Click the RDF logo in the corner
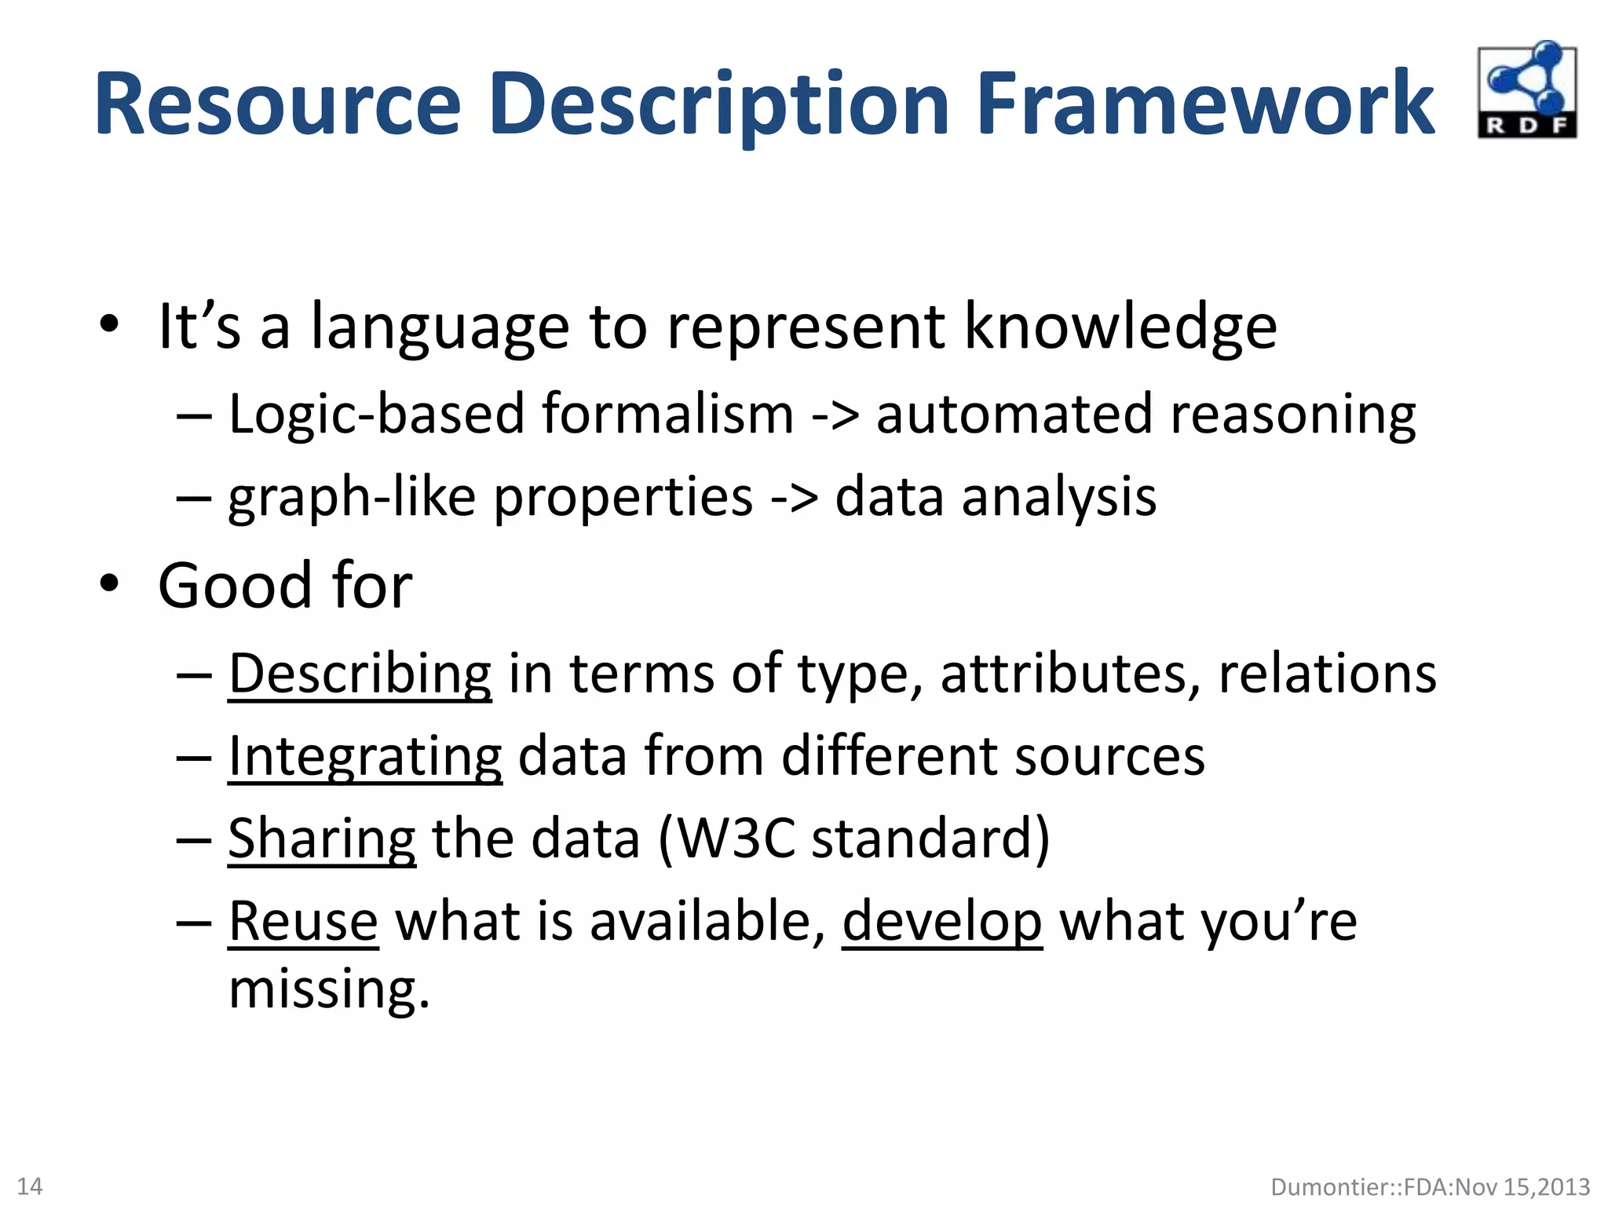tap(1526, 90)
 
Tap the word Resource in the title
tap(278, 104)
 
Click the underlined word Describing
tap(360, 674)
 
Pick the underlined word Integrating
tap(365, 757)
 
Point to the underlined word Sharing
tap(321, 839)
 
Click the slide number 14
tap(30, 1186)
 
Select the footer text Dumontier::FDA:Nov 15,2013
tap(1430, 1186)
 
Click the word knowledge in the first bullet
tap(1120, 327)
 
